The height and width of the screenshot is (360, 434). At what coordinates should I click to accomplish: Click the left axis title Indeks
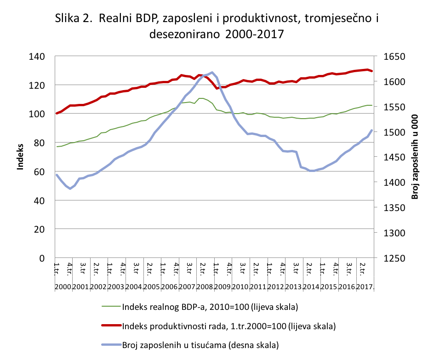20,157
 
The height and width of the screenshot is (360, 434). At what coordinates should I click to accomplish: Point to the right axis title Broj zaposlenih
415,157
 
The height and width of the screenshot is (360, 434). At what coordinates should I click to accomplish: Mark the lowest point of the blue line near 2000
70,189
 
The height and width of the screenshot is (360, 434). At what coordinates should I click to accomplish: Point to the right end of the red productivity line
371,71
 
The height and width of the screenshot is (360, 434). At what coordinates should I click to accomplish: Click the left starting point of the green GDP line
57,147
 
